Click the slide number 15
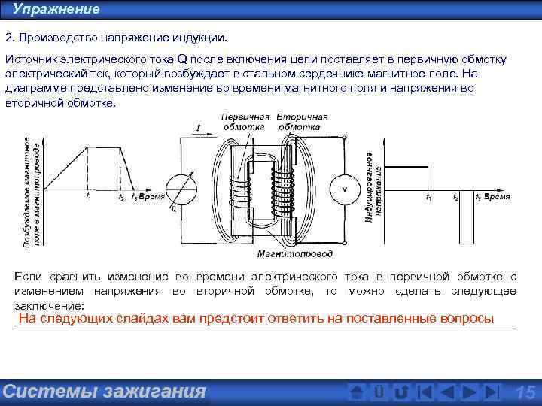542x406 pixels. pyautogui.click(x=525, y=392)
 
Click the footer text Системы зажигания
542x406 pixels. pyautogui.click(x=104, y=392)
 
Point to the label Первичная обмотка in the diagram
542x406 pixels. pyautogui.click(x=245, y=121)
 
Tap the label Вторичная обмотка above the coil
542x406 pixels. pyautogui.click(x=302, y=121)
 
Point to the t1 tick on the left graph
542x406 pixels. pyautogui.click(x=88, y=197)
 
